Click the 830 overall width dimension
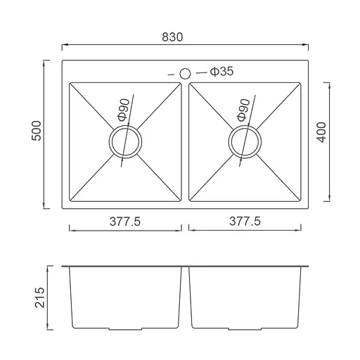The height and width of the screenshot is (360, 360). (172, 37)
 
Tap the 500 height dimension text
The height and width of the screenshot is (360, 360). (37, 131)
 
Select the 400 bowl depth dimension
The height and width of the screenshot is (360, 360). (321, 132)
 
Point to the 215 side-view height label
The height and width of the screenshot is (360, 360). (39, 297)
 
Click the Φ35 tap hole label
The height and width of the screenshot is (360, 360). (221, 71)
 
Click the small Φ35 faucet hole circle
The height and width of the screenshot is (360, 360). (185, 74)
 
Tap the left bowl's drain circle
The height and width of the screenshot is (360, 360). (125, 127)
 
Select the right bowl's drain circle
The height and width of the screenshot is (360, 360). (245, 127)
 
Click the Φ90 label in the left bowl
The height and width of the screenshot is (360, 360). (124, 110)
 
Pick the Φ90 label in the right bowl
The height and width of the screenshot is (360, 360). (243, 110)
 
